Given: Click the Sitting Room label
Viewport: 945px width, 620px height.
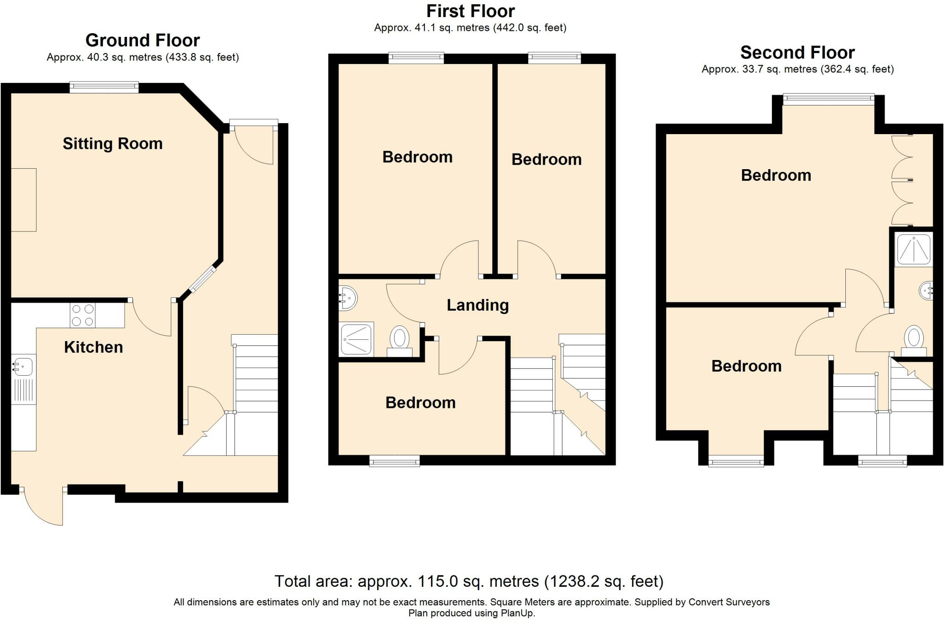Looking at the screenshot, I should click(113, 144).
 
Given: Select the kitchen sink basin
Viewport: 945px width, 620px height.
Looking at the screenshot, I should click(22, 367).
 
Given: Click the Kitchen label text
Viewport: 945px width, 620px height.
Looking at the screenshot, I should click(94, 347).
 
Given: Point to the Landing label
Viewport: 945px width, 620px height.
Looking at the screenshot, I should click(478, 305).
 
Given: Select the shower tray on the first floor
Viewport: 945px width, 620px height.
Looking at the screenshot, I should click(356, 339).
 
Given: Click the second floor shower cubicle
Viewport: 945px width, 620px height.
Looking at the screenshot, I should click(913, 249).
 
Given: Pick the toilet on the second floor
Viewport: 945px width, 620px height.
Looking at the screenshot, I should click(914, 340).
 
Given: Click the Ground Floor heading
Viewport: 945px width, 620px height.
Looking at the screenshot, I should click(143, 41).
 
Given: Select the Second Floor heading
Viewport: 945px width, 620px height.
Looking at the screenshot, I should click(797, 53).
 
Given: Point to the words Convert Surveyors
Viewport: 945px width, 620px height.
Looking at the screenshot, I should click(729, 602).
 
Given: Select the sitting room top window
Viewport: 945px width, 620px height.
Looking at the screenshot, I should click(104, 87).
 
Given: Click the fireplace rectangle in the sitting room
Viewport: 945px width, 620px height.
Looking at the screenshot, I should click(23, 200).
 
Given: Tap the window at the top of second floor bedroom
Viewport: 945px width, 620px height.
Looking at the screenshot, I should click(829, 99).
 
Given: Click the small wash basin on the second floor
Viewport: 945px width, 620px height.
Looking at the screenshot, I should click(926, 290).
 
